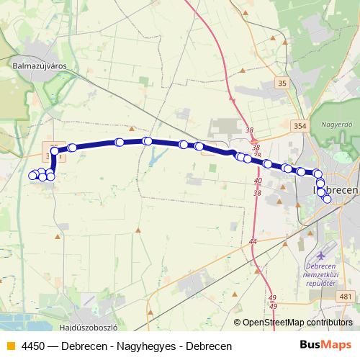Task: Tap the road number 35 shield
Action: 282,84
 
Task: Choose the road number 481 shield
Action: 346,296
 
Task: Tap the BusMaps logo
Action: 325,346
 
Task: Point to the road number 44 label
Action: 253,240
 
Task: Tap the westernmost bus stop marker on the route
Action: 32,175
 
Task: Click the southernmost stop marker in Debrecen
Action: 328,199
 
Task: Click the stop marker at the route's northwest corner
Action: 55,150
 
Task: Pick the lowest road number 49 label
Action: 273,307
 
